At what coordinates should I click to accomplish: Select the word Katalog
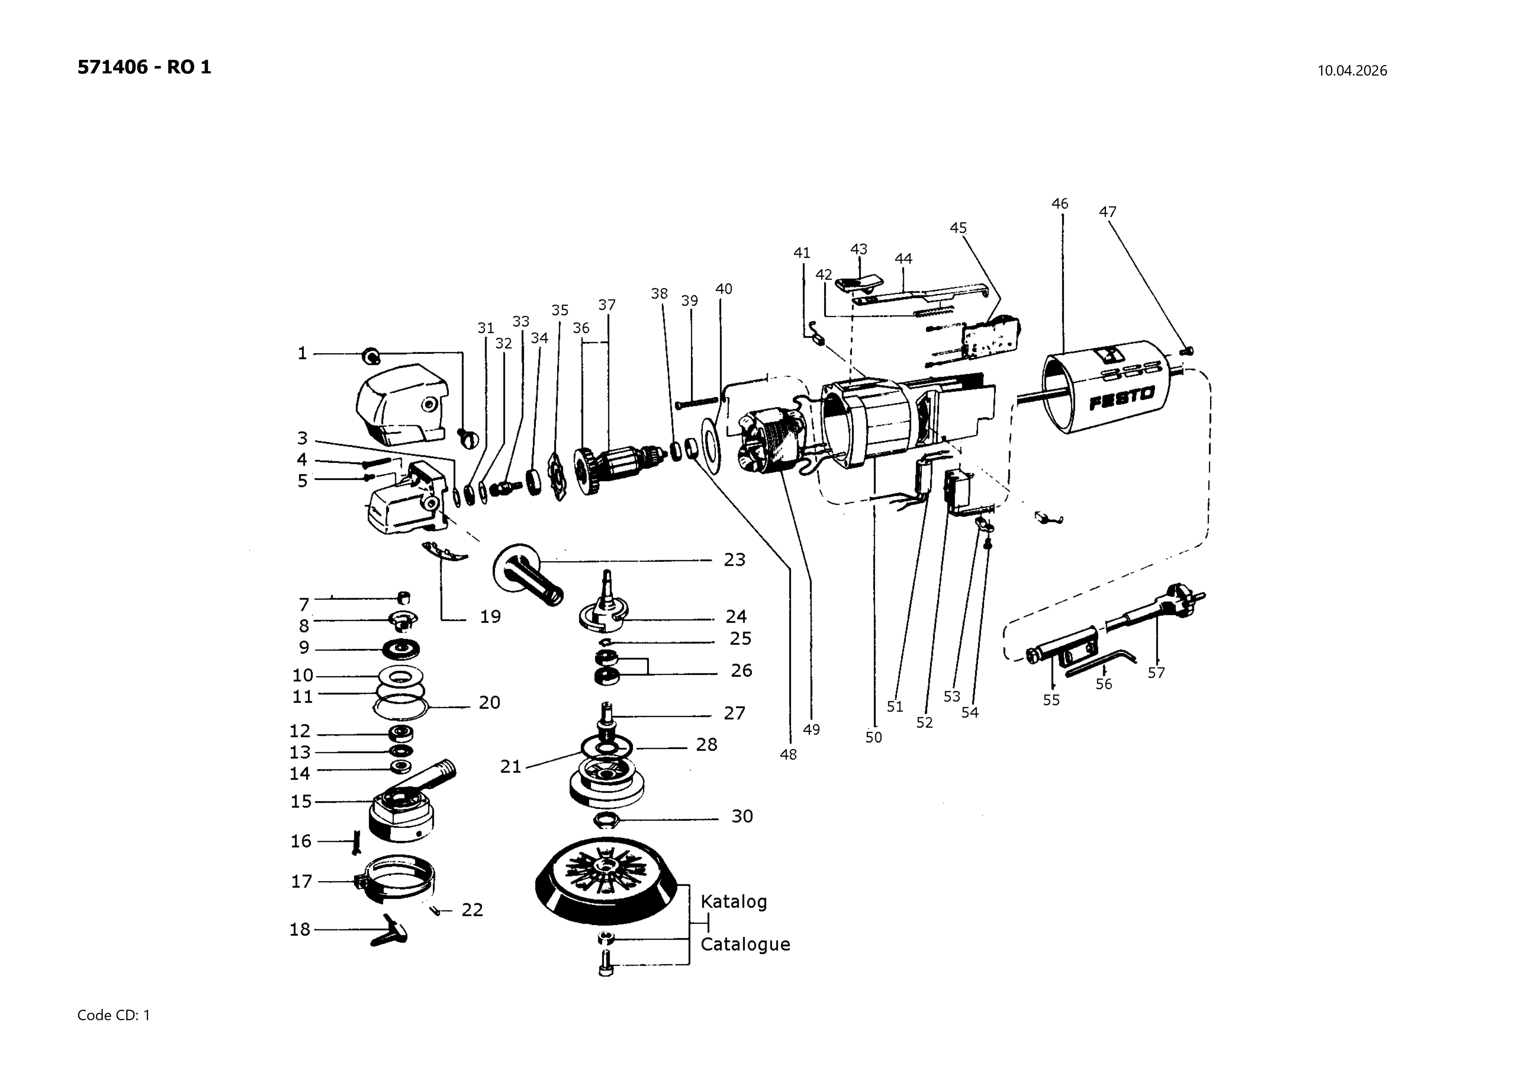[x=733, y=902]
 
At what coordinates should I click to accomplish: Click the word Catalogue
[x=745, y=945]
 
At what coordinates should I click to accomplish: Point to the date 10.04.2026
[x=1352, y=71]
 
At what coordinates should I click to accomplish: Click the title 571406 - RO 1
[x=144, y=67]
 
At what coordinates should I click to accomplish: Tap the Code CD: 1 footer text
[x=114, y=1015]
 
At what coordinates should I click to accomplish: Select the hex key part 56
[x=1101, y=664]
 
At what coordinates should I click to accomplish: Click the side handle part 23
[x=527, y=574]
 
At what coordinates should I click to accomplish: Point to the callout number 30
[x=742, y=816]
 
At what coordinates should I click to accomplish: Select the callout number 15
[x=301, y=802]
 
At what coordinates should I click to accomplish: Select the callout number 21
[x=511, y=767]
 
